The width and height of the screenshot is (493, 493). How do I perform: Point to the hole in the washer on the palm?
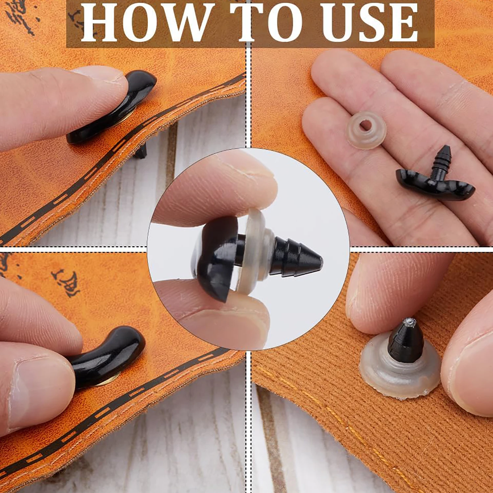(x=365, y=125)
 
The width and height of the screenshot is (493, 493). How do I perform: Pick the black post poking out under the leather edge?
(x=141, y=152)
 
